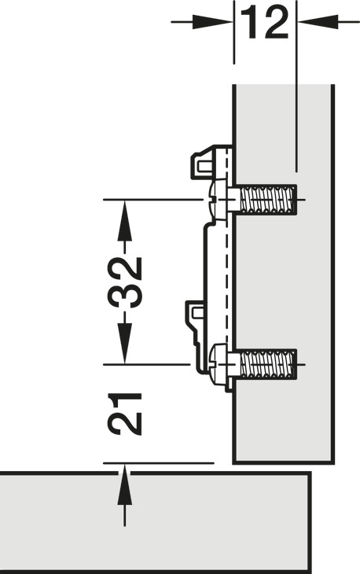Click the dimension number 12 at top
pos(265,23)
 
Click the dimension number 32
pos(124,282)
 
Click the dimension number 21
pos(124,414)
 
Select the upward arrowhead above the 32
pos(124,221)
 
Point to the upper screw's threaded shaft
pos(268,200)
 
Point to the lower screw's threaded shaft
pos(268,364)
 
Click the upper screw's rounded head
pos(219,200)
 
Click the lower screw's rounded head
pos(219,364)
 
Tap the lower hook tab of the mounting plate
pos(197,314)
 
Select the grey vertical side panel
pos(284,274)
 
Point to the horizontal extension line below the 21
pos(159,463)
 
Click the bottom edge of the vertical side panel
pos(284,462)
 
